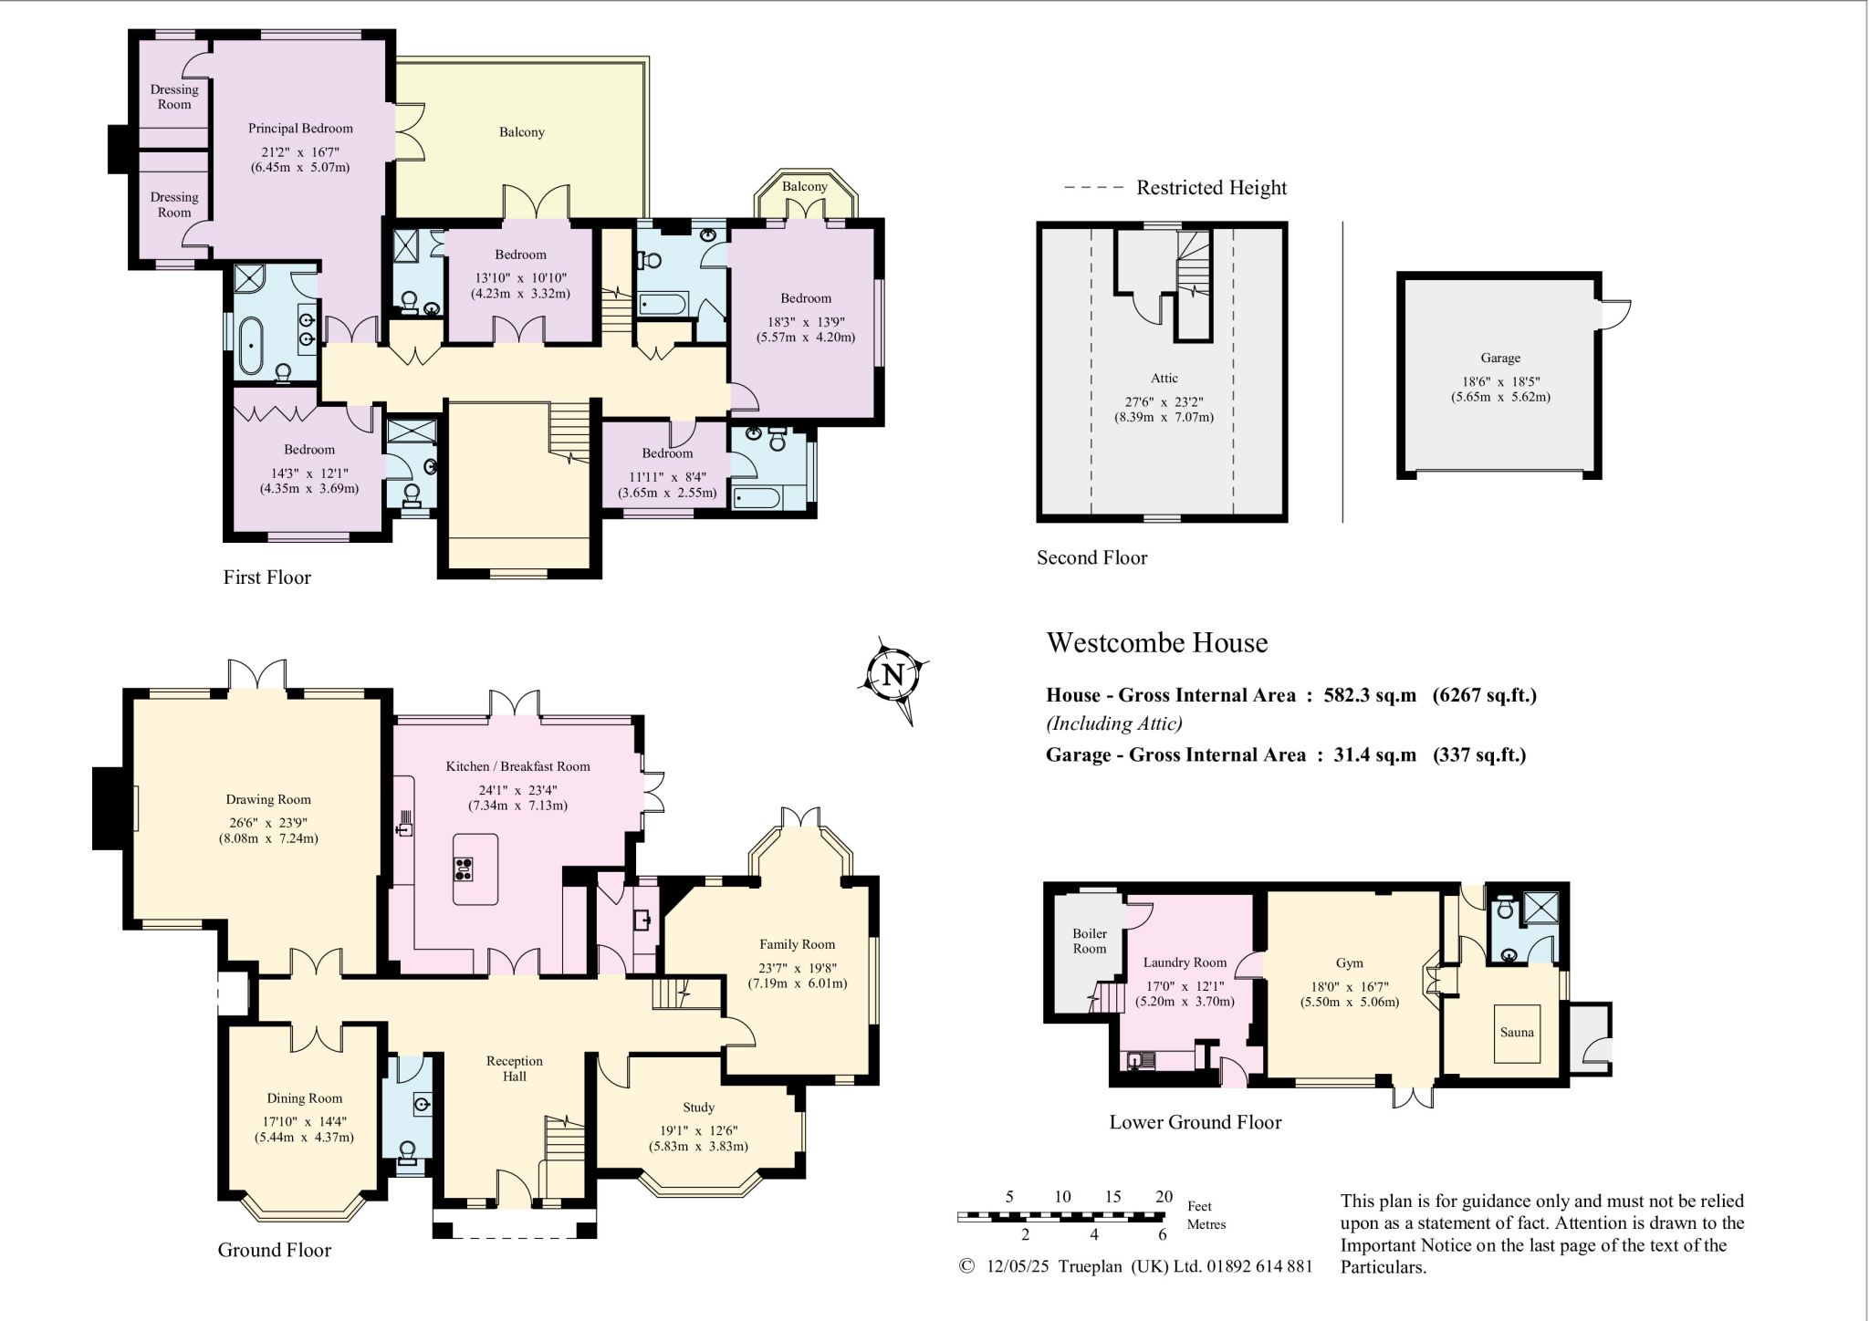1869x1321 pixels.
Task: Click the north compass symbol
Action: [893, 677]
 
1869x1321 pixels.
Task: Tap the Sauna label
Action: [1517, 1033]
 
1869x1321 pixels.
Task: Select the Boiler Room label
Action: [1090, 941]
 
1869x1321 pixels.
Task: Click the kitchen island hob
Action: [463, 869]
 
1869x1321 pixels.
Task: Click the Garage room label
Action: [1500, 358]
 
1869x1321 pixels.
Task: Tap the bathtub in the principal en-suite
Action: [250, 346]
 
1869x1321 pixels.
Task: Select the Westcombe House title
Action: [1156, 642]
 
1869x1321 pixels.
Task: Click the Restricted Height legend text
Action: [1211, 188]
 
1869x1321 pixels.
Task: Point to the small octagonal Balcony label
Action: [804, 186]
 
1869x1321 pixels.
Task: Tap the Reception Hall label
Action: [515, 1068]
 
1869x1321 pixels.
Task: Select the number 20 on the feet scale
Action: [1164, 1197]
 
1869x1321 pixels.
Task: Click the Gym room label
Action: [1349, 962]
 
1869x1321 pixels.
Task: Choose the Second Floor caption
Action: [1091, 557]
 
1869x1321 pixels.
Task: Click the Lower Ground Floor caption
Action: [1195, 1122]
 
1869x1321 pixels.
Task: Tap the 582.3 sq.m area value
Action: [1370, 695]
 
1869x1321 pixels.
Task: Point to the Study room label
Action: [698, 1107]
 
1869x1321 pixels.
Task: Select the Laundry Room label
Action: [1185, 962]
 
